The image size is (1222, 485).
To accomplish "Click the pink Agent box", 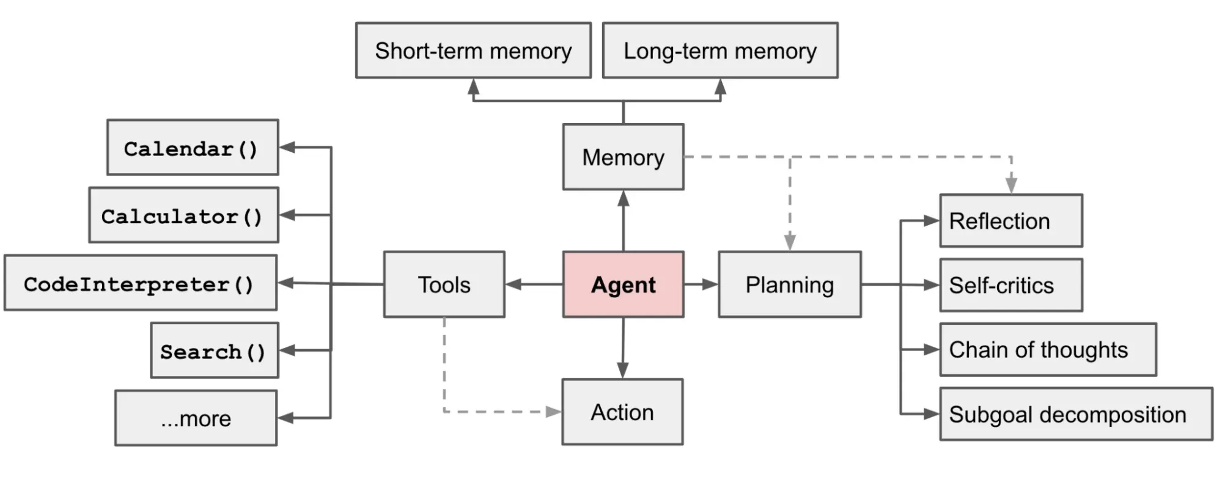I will click(x=623, y=284).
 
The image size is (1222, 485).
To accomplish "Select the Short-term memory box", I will click(x=473, y=51).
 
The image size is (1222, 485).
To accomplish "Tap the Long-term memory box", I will click(x=720, y=51).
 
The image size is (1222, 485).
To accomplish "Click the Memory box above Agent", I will click(x=623, y=157).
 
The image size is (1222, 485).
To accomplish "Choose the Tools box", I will click(x=444, y=284).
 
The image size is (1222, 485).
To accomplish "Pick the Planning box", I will click(x=789, y=284).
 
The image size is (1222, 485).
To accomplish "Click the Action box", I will click(x=622, y=412).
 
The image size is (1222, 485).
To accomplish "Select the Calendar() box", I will click(x=192, y=148).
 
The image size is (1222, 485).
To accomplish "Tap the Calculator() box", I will click(x=183, y=215).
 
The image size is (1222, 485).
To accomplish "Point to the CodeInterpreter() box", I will click(x=140, y=283).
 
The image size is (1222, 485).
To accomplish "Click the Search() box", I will click(x=214, y=350).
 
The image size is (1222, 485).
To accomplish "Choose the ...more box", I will click(x=196, y=418).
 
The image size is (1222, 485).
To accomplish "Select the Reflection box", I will click(x=1010, y=221).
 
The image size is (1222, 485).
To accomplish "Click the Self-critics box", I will click(x=1010, y=285).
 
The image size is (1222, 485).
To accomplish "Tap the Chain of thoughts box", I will click(x=1048, y=350).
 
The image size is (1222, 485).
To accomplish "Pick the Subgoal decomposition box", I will click(x=1075, y=414).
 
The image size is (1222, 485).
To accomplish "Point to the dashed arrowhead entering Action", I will click(x=553, y=412).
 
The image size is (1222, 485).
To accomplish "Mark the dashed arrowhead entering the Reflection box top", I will click(x=1011, y=184).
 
